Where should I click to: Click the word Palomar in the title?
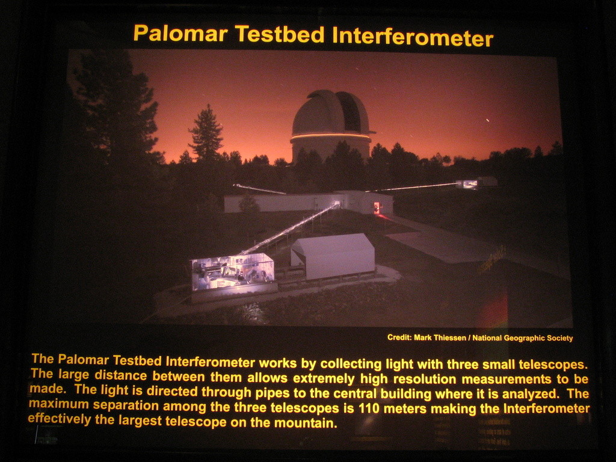(180, 34)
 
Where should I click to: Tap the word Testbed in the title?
(280, 34)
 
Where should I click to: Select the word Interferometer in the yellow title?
(413, 37)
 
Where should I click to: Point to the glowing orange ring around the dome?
(330, 137)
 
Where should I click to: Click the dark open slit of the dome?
(349, 112)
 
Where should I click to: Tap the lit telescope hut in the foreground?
(233, 273)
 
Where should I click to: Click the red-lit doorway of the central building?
(377, 208)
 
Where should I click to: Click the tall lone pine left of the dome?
(206, 133)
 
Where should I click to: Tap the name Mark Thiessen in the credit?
(440, 337)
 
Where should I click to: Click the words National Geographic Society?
(523, 338)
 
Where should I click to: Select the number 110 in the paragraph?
(369, 408)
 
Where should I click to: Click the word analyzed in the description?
(530, 394)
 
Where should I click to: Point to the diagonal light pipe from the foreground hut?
(290, 228)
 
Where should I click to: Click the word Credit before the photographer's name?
(399, 337)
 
